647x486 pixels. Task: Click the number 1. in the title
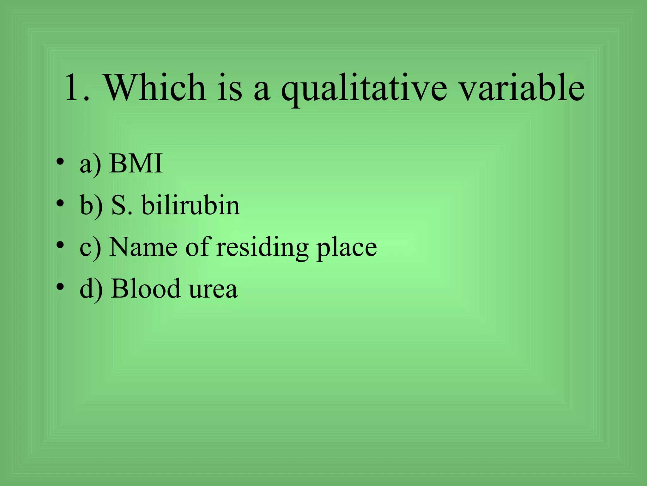(x=77, y=88)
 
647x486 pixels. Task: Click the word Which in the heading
(x=155, y=88)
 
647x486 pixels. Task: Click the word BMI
(x=136, y=164)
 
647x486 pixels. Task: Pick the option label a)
(x=91, y=165)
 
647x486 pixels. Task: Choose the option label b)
(x=91, y=206)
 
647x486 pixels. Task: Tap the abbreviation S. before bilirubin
(x=122, y=206)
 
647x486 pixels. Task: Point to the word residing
(x=262, y=248)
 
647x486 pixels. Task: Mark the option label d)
(x=91, y=289)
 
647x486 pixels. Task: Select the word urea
(x=213, y=290)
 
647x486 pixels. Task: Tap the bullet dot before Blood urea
(x=60, y=287)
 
